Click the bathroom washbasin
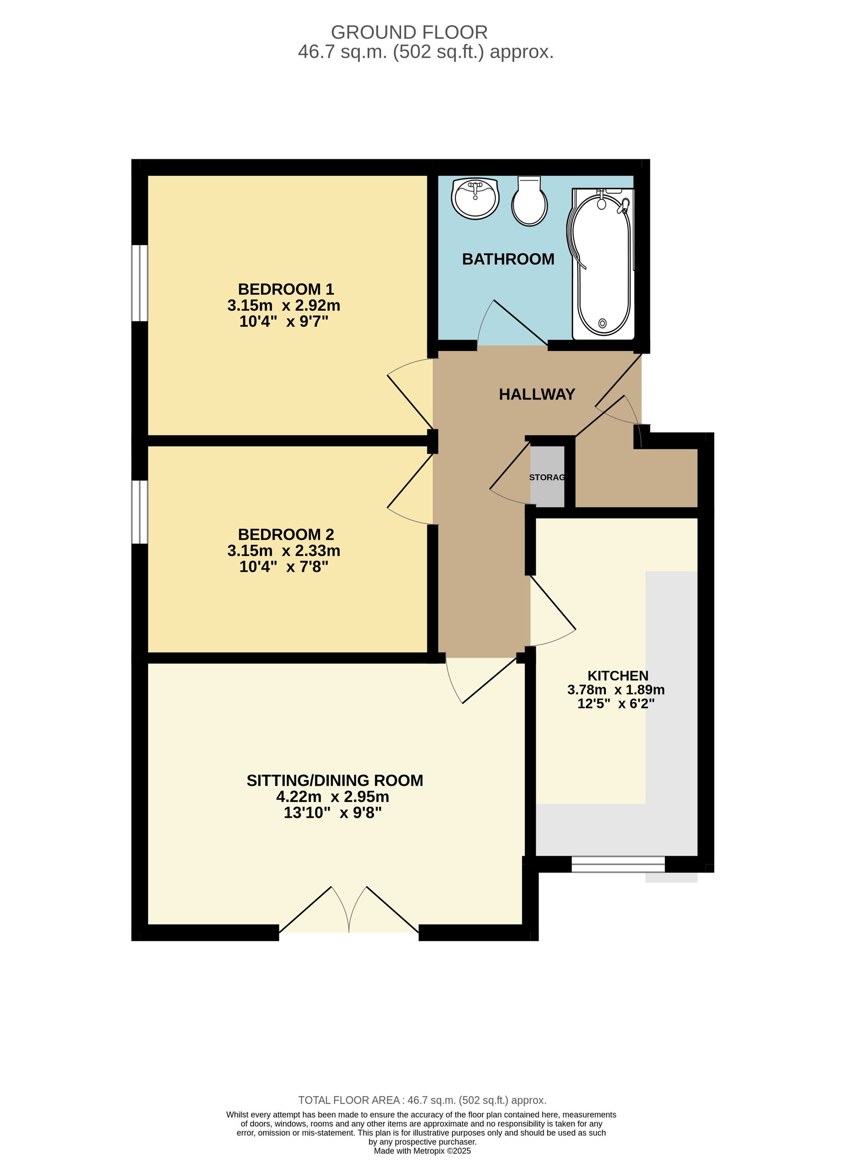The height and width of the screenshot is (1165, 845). [475, 198]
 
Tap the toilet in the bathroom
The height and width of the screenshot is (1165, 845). [529, 201]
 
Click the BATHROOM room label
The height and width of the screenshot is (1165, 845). [508, 259]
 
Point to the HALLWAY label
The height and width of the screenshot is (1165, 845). [537, 394]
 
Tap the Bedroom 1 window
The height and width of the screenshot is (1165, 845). [140, 283]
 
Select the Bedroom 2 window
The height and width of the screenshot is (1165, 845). [140, 512]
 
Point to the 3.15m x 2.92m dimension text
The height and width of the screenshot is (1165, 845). [284, 306]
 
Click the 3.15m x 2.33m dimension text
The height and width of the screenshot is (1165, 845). [284, 551]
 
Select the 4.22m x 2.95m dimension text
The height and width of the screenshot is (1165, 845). [333, 797]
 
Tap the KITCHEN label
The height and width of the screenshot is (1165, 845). [618, 676]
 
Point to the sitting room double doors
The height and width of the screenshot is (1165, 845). [349, 909]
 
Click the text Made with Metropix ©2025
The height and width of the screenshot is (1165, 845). [422, 1151]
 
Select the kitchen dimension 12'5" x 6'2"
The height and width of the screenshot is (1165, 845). [616, 704]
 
